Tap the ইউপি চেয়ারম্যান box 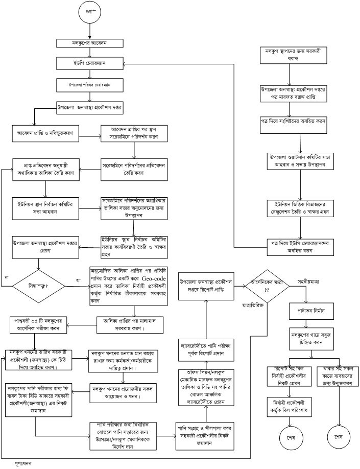pyautogui.click(x=89, y=63)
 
